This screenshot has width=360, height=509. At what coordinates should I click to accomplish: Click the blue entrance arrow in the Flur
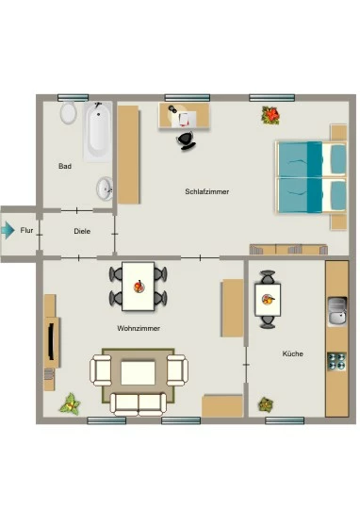(x=8, y=230)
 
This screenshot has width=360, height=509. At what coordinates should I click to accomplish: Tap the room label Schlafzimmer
(x=206, y=191)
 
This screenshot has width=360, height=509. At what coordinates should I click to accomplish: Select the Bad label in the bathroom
(x=65, y=166)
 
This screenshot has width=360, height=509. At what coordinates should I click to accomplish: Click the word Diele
(x=82, y=231)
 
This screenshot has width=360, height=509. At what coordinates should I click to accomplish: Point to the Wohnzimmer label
(x=139, y=328)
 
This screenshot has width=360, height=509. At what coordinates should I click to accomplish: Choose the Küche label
(x=292, y=353)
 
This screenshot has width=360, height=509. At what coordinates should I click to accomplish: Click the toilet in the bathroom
(x=68, y=112)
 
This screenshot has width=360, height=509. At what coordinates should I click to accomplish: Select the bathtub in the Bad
(x=98, y=131)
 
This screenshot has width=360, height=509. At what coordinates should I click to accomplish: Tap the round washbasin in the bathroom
(x=105, y=189)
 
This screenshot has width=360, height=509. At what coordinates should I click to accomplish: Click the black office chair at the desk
(x=187, y=140)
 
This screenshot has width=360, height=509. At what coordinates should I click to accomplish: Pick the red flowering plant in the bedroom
(x=270, y=115)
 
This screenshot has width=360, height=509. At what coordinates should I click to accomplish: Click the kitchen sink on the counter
(x=337, y=311)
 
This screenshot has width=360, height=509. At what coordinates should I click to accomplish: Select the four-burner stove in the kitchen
(x=336, y=362)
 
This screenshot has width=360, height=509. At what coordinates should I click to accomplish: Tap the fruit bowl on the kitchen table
(x=268, y=300)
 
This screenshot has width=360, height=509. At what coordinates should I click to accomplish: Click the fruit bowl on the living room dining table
(x=139, y=287)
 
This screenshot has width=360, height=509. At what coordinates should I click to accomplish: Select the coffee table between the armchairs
(x=138, y=372)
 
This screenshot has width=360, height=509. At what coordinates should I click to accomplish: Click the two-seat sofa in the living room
(x=139, y=404)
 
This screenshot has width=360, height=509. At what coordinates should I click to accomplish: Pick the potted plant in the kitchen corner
(x=266, y=404)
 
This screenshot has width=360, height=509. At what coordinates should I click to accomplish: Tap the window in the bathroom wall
(x=74, y=97)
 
